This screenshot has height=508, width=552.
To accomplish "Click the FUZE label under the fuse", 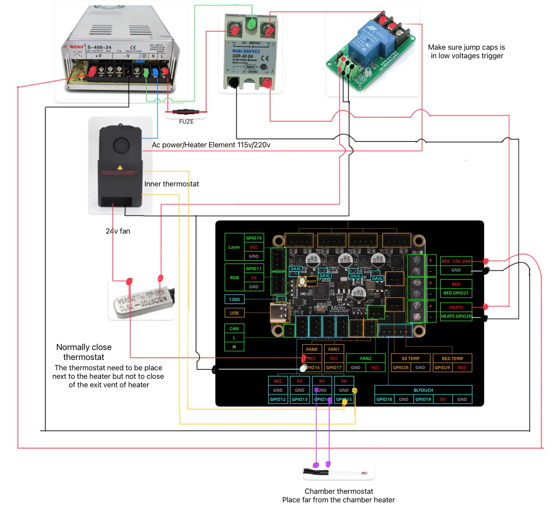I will (186, 121).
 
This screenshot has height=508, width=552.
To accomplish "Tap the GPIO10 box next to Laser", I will (254, 238).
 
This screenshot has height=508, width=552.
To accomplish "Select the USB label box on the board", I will (234, 313).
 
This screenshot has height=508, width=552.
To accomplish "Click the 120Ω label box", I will (234, 299).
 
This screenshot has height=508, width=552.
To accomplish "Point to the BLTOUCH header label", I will (423, 390).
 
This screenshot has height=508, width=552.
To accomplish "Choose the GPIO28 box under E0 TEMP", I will (401, 367).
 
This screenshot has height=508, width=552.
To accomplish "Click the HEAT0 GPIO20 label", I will (456, 316).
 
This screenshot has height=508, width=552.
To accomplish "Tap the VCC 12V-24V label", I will (456, 261).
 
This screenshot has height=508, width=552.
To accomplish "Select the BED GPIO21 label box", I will (456, 293).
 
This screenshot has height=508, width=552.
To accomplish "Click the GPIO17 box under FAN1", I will (334, 367).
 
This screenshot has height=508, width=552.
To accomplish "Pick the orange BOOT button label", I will (311, 281).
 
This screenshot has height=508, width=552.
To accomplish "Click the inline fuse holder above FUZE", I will (186, 111).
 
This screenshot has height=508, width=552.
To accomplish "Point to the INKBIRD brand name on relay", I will (246, 51).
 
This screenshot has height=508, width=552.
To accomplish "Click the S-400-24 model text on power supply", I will (99, 47).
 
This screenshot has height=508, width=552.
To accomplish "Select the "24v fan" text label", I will (118, 231).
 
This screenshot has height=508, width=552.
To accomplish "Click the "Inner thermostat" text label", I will (172, 184).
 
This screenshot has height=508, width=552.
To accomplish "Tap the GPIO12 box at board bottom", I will (278, 399).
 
